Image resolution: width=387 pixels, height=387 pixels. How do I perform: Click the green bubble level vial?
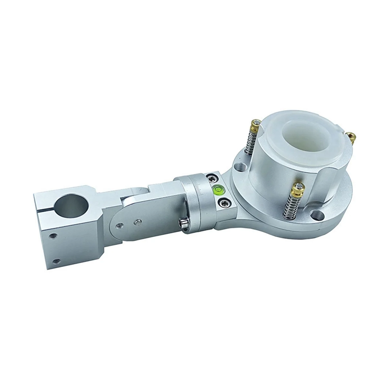coord(219,189)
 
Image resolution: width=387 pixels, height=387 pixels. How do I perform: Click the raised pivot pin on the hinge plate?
coord(138,221)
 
